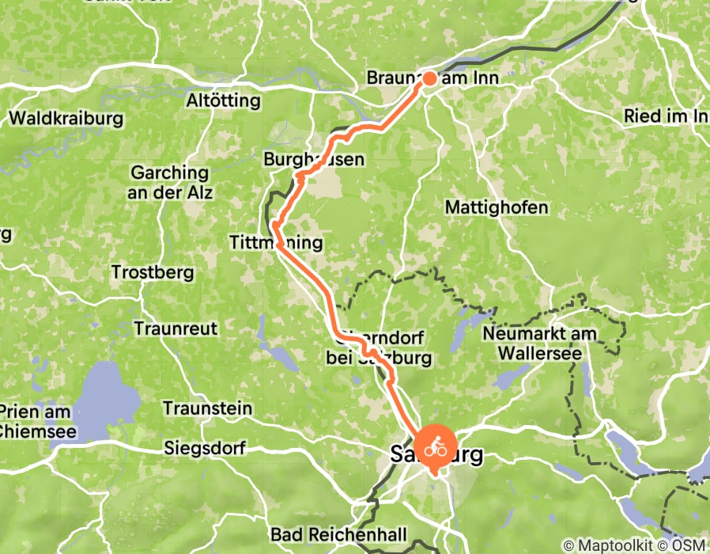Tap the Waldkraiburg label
click(66, 119)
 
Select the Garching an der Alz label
click(171, 182)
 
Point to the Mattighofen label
click(497, 207)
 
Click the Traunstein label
click(207, 408)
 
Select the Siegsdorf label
click(206, 448)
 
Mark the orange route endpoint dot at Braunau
click(429, 78)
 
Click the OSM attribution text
click(685, 545)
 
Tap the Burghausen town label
click(314, 160)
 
